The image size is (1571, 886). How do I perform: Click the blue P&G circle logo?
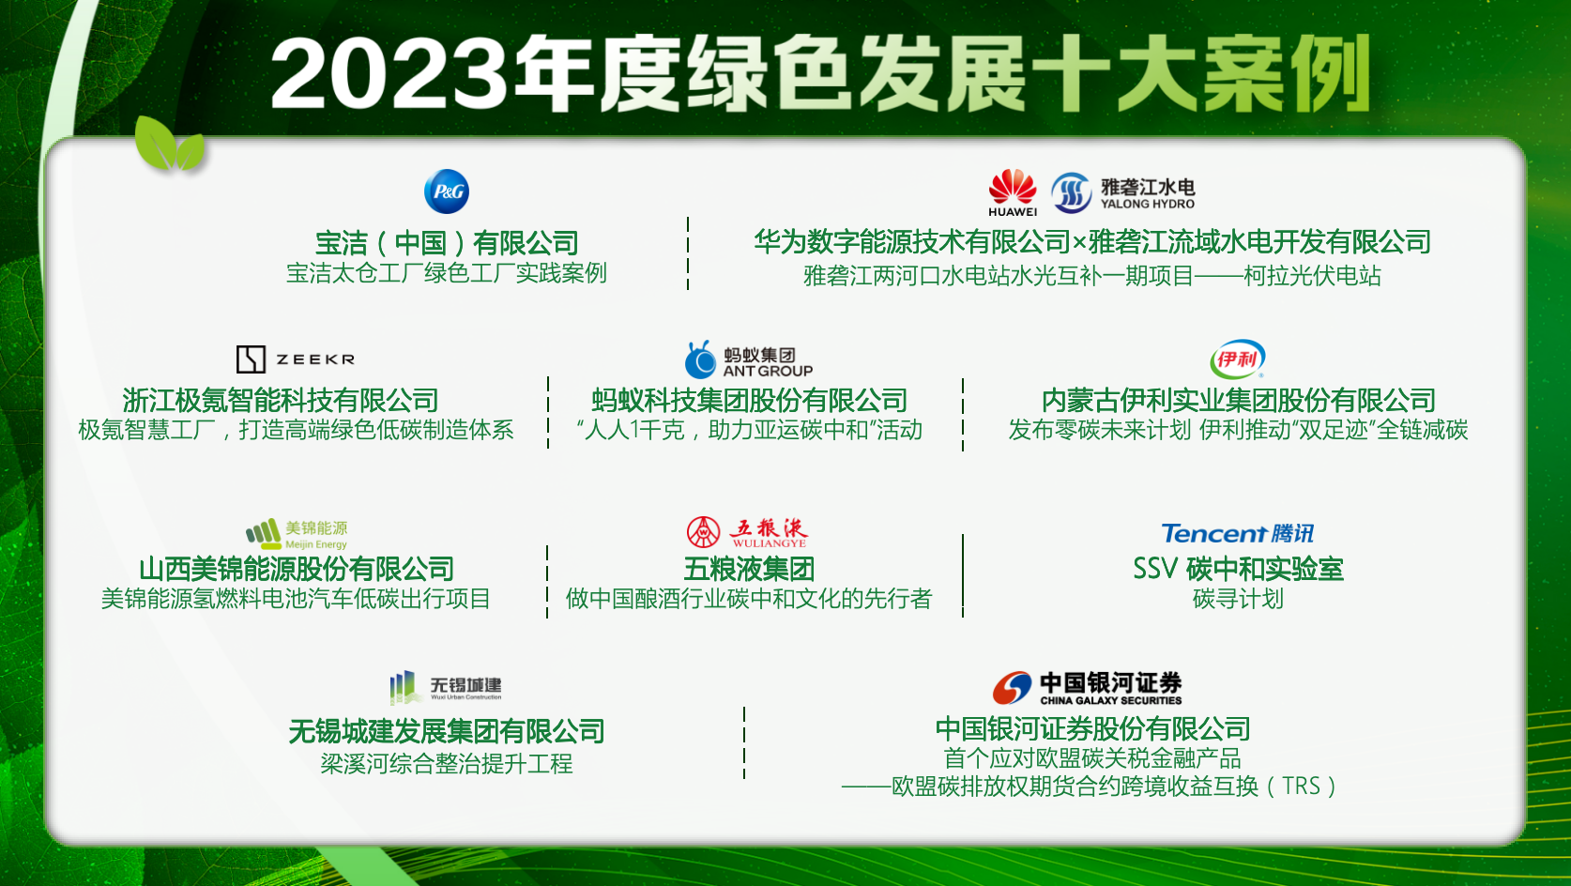tap(447, 191)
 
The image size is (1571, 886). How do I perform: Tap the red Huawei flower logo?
tap(1012, 187)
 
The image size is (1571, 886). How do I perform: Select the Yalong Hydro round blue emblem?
tap(1071, 193)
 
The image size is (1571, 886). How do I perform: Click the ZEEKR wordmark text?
tap(315, 359)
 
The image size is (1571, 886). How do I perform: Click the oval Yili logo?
tap(1237, 359)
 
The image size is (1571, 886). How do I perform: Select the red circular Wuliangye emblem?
tap(703, 532)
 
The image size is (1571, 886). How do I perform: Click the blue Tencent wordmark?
tap(1213, 533)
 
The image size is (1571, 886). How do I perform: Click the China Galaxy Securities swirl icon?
tap(1012, 687)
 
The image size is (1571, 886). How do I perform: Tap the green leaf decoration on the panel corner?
tap(169, 145)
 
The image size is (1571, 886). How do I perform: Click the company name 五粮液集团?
tap(749, 569)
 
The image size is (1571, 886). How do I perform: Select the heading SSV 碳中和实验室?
tap(1238, 569)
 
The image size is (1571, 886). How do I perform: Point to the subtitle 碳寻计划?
tap(1238, 599)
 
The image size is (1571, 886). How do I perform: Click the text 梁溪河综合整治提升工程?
tap(447, 763)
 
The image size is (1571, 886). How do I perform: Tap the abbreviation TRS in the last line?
tap(1301, 787)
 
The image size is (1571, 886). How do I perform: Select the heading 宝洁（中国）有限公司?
tap(447, 243)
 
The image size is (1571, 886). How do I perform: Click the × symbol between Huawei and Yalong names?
tap(1079, 243)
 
